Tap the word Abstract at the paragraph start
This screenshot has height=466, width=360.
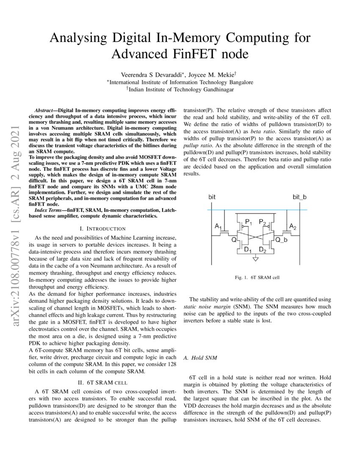[x=44, y=109]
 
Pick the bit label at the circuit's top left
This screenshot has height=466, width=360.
[x=212, y=197]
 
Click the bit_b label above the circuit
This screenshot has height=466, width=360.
[x=299, y=197]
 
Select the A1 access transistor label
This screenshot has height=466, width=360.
[x=219, y=227]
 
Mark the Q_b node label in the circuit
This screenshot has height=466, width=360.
[x=281, y=240]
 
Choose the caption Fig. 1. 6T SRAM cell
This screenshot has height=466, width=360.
[x=257, y=278]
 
